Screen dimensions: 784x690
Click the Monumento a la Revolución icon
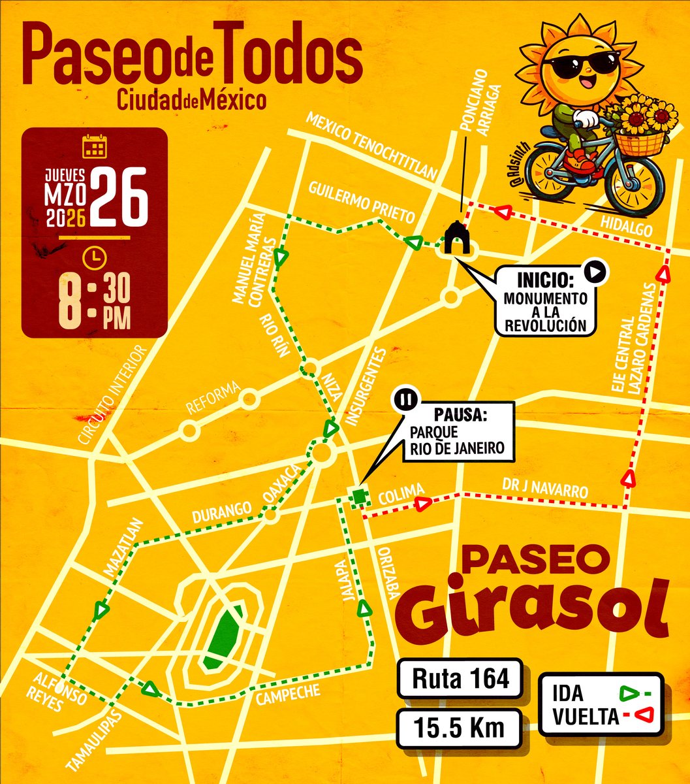click(x=456, y=239)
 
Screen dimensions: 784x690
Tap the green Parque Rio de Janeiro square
click(x=358, y=497)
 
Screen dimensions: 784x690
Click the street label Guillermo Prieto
click(x=362, y=206)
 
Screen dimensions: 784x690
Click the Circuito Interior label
click(x=114, y=396)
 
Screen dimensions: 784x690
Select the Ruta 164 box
click(x=460, y=679)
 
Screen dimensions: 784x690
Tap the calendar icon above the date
click(x=94, y=147)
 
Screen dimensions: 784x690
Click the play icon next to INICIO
click(x=595, y=272)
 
